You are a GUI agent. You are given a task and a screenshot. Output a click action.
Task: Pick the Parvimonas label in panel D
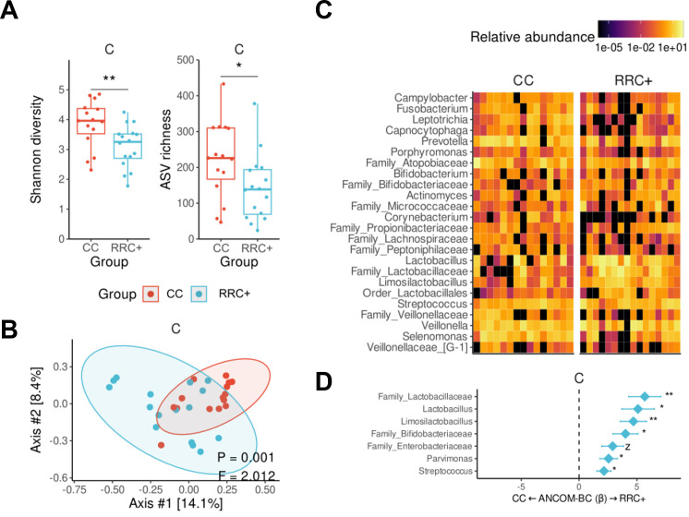[x=454, y=458]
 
